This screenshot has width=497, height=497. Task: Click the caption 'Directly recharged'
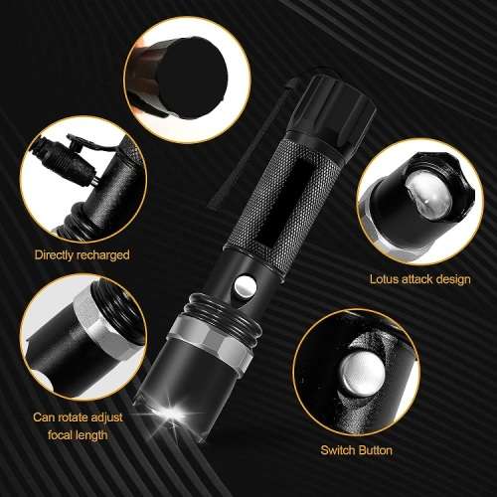(82, 254)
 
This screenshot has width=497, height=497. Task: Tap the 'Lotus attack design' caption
(419, 279)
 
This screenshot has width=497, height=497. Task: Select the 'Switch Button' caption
(356, 450)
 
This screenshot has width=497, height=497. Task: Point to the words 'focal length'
(83, 435)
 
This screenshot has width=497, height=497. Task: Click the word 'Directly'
(57, 254)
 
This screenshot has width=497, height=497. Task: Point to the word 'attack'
(419, 279)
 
